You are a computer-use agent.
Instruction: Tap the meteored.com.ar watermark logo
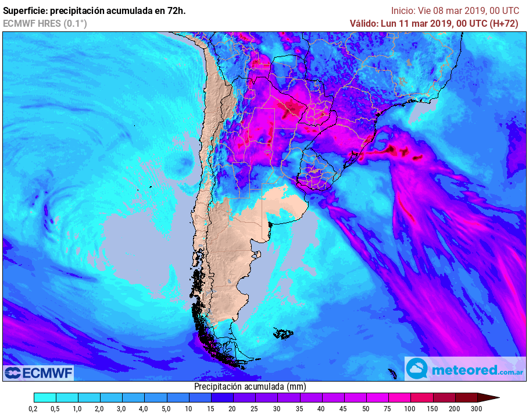(465, 369)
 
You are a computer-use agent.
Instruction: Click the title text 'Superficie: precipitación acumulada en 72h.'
(95, 10)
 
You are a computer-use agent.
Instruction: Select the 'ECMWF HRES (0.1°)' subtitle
(45, 23)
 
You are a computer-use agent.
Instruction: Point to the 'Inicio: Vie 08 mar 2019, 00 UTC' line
(455, 10)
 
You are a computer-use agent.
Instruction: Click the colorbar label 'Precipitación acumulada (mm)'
(249, 386)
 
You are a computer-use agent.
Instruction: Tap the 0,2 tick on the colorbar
(34, 409)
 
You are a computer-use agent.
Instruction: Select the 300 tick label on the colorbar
(477, 409)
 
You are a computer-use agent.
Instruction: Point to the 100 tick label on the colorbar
(410, 409)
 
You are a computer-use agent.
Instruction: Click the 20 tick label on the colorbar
(233, 409)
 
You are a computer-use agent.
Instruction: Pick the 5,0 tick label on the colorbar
(166, 409)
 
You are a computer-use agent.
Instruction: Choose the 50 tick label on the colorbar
(366, 409)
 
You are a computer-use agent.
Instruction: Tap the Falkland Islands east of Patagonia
(284, 334)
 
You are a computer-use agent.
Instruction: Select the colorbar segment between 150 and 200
(444, 398)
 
